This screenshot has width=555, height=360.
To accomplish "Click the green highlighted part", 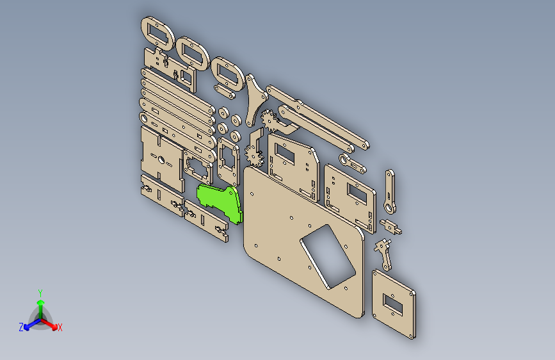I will coord(221,200).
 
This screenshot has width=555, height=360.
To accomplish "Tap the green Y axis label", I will coord(40,291).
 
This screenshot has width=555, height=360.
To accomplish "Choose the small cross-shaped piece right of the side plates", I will coord(391,226).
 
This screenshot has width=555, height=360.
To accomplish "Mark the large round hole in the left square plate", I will coord(159,160).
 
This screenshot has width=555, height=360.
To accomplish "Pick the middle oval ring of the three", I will coord(193,53).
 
